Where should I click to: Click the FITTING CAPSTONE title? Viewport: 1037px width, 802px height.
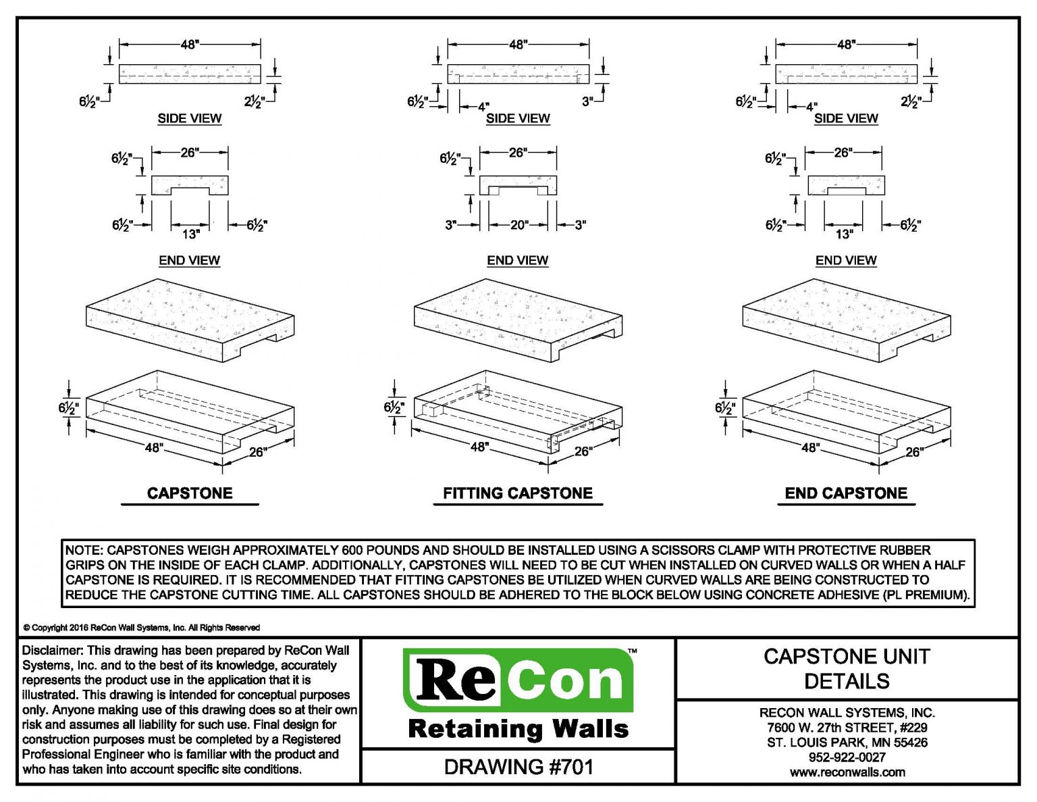click(x=517, y=493)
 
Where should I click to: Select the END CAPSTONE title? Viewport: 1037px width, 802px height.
click(x=845, y=493)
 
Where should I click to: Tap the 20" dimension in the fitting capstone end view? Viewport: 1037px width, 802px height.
click(x=518, y=225)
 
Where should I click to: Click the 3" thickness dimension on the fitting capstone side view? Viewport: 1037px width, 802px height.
click(x=587, y=101)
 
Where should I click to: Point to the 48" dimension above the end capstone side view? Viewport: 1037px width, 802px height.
click(x=845, y=45)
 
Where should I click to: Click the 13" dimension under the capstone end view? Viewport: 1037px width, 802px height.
click(x=190, y=234)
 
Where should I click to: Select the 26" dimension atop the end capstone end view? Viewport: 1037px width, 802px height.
click(x=842, y=153)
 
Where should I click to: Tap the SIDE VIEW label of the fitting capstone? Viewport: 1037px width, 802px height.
click(x=518, y=118)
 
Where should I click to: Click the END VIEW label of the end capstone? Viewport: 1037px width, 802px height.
click(x=845, y=260)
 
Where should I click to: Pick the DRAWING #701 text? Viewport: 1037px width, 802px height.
click(x=518, y=767)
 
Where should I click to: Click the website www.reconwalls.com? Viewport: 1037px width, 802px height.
click(x=847, y=772)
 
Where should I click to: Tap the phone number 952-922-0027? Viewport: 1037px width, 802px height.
click(x=847, y=757)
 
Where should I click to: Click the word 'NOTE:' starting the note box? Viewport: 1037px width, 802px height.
click(x=84, y=550)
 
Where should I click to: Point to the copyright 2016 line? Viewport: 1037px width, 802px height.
click(x=142, y=628)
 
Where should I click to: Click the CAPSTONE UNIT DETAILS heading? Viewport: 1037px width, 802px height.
click(x=847, y=668)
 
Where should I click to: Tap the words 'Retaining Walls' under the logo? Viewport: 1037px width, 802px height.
click(x=518, y=729)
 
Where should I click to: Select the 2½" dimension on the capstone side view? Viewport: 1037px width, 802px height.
click(x=255, y=102)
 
